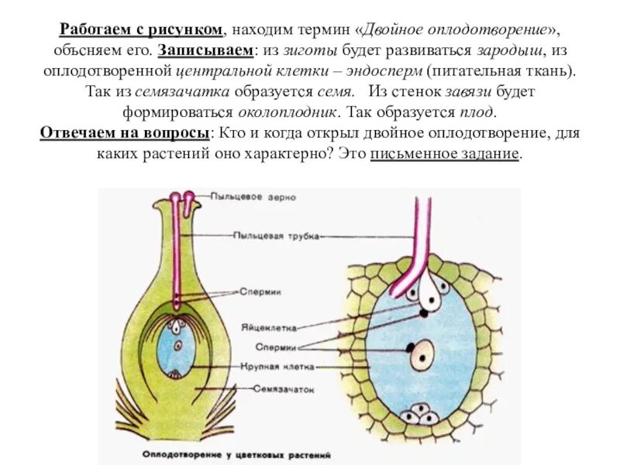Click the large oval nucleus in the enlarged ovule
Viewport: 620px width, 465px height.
coord(422,355)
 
